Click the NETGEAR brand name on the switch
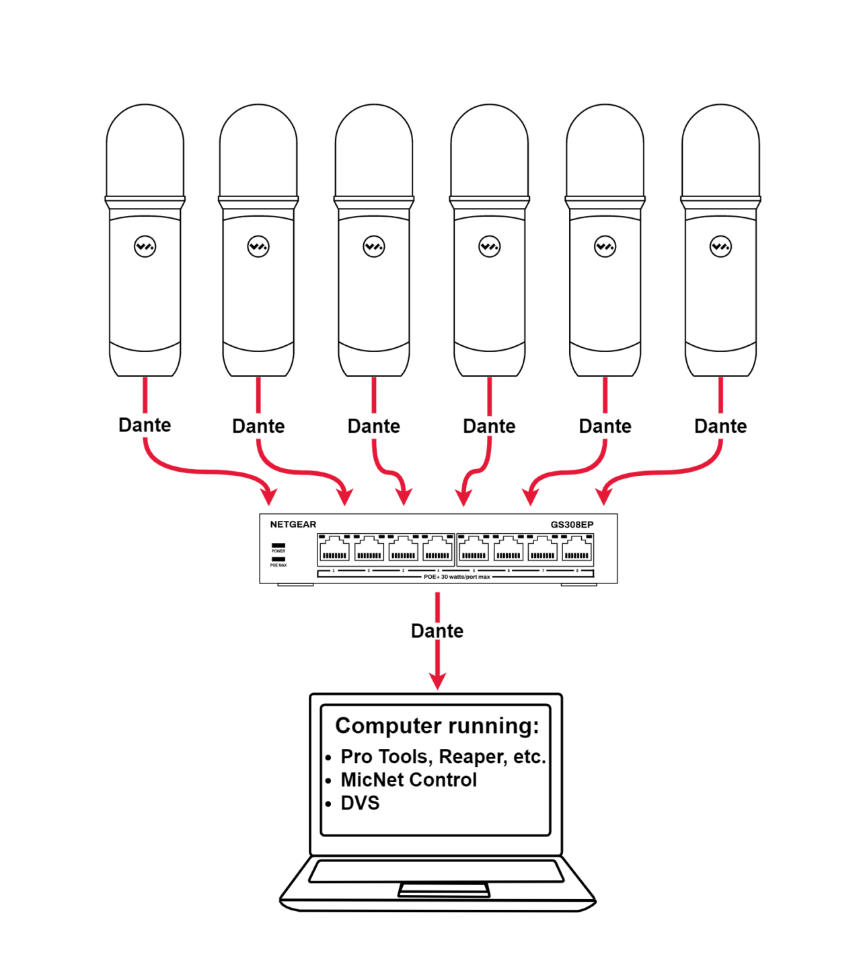click(x=293, y=524)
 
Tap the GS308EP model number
click(x=572, y=525)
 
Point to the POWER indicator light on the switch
click(x=278, y=546)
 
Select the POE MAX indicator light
click(x=278, y=559)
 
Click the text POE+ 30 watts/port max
click(x=457, y=577)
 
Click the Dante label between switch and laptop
click(x=437, y=631)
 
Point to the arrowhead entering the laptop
click(x=437, y=680)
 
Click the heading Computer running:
click(x=437, y=725)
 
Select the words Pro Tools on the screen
click(x=383, y=757)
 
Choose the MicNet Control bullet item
click(x=408, y=780)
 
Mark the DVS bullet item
click(x=360, y=803)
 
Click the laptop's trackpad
click(x=444, y=890)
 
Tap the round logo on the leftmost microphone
click(x=145, y=246)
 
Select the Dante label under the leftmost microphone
click(x=145, y=425)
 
